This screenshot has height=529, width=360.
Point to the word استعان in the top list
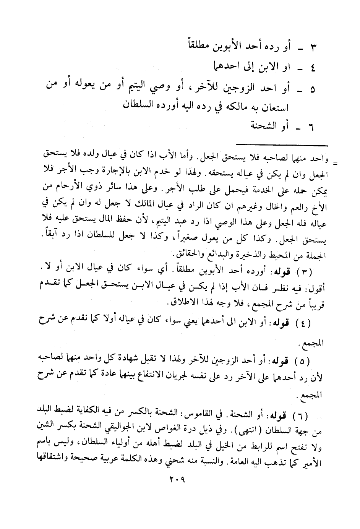pyautogui.click(x=274, y=108)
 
